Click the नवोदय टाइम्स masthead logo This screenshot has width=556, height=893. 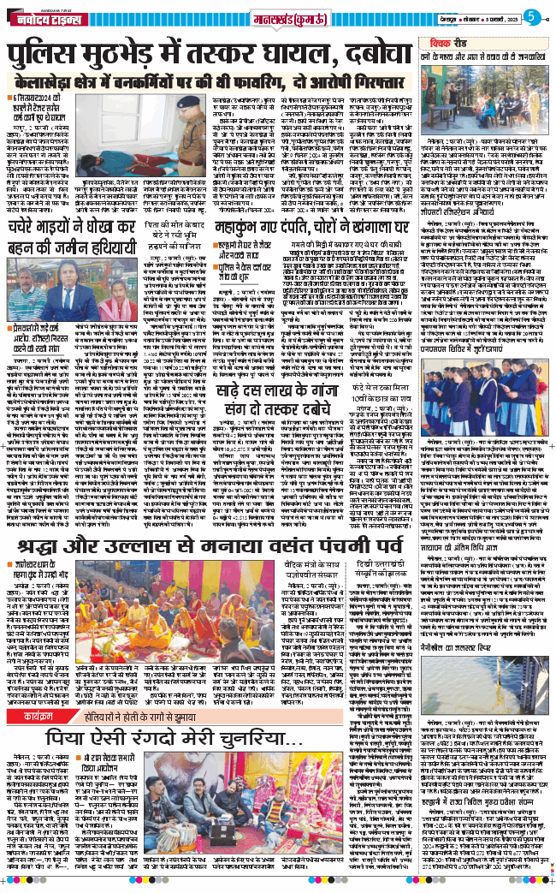click(44, 17)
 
